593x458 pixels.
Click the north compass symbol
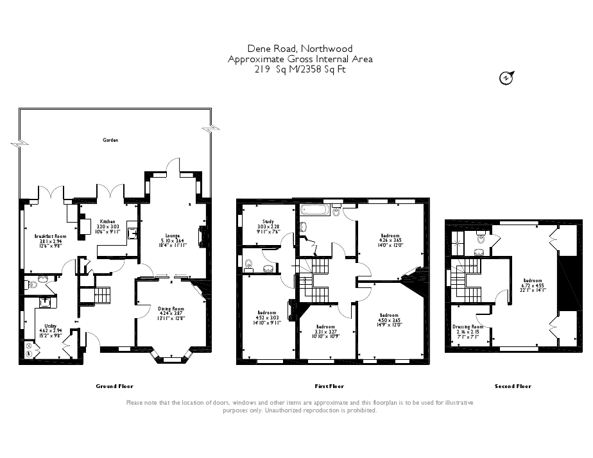[507, 78]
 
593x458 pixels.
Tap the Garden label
[110, 139]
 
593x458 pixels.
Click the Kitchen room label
[107, 221]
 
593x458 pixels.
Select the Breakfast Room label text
[50, 236]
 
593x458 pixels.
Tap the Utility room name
[50, 326]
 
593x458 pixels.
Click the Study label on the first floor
[268, 221]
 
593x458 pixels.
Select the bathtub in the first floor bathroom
[314, 210]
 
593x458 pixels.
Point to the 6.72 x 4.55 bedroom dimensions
[533, 285]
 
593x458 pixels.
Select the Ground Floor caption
[114, 386]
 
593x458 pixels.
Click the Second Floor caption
[513, 386]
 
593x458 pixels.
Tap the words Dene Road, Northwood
[300, 49]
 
